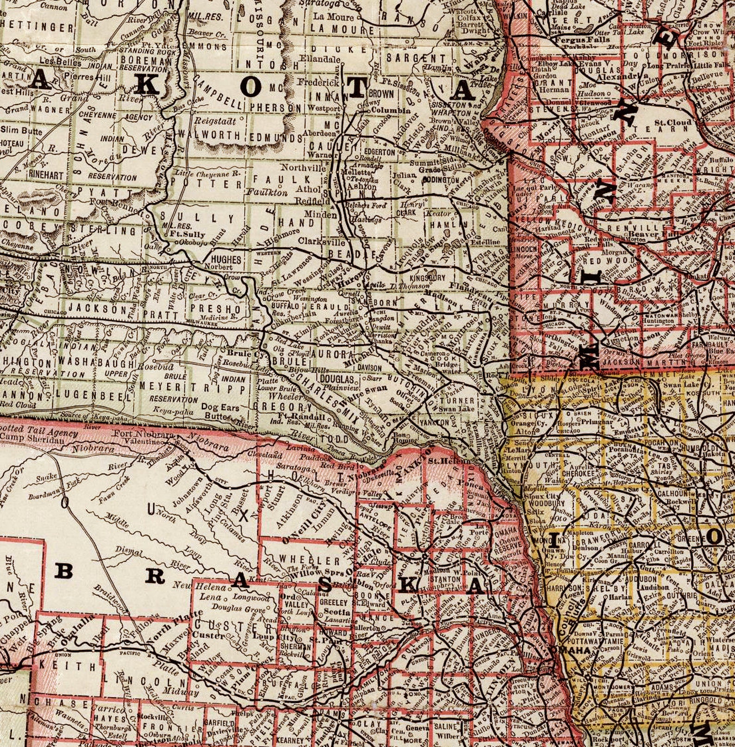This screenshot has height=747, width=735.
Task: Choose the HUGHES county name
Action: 226,259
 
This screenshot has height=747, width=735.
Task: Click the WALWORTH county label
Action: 209,136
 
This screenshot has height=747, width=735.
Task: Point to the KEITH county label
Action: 68,666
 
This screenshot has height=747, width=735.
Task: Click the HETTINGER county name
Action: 37,27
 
